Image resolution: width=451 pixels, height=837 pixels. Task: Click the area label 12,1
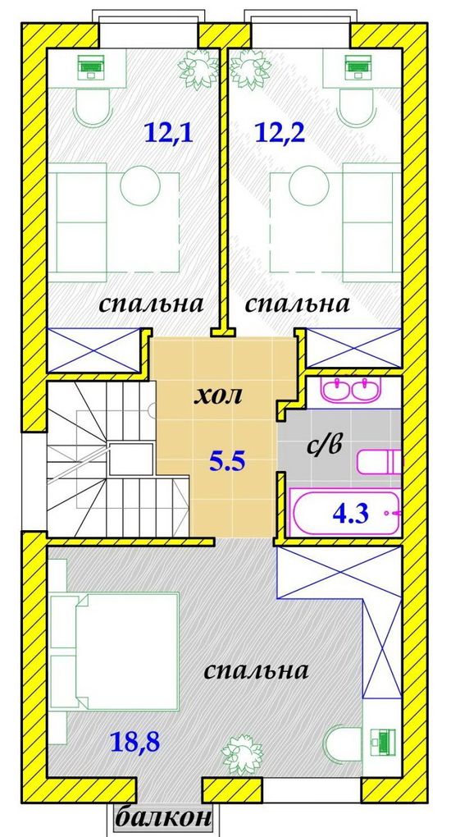pyautogui.click(x=168, y=132)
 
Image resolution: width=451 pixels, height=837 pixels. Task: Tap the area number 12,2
pyautogui.click(x=280, y=132)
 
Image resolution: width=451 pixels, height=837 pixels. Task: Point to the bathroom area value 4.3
pyautogui.click(x=350, y=515)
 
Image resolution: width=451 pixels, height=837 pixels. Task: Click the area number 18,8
pyautogui.click(x=135, y=741)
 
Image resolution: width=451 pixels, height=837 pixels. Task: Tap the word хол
pyautogui.click(x=218, y=396)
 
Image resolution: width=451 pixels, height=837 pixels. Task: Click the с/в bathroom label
pyautogui.click(x=323, y=445)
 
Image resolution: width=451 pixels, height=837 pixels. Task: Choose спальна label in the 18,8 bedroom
pyautogui.click(x=256, y=670)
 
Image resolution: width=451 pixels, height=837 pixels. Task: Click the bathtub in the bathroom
pyautogui.click(x=344, y=513)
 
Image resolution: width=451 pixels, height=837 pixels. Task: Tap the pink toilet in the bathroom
pyautogui.click(x=379, y=462)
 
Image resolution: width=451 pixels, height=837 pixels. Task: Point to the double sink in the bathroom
pyautogui.click(x=353, y=389)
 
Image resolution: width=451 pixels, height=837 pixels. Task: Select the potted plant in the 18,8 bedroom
pyautogui.click(x=242, y=752)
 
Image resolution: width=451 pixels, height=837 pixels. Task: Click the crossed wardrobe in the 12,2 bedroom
pyautogui.click(x=353, y=347)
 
